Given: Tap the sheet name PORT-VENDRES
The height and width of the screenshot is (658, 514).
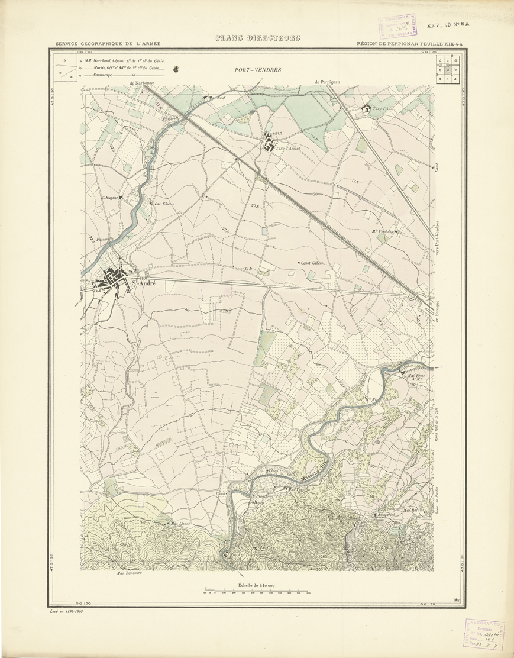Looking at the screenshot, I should point(257,70).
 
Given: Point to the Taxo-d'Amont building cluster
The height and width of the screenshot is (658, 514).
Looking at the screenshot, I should point(270,143).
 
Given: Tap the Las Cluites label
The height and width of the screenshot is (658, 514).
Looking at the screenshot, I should point(164,204).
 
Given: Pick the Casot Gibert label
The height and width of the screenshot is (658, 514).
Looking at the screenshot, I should point(311,262).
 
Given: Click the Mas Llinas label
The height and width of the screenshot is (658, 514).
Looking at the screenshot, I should point(180,524).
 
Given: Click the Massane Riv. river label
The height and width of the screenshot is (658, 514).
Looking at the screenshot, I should point(312,477).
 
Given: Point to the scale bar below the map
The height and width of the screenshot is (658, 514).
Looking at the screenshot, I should point(257,592).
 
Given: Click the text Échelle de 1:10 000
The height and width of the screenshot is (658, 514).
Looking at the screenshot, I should point(257,585).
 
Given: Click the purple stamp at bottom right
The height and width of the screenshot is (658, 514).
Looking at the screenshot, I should point(485,634).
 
